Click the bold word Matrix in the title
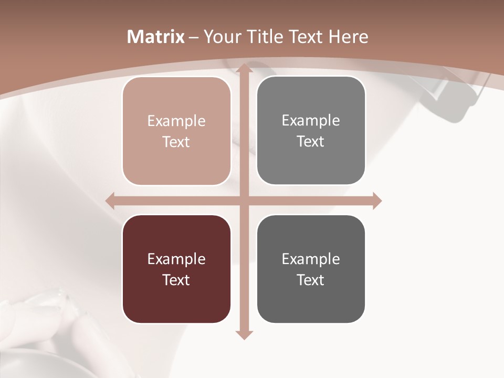tap(156, 37)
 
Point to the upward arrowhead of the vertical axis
tap(243, 69)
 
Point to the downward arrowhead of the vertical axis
tap(243, 334)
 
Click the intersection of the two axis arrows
tap(243, 201)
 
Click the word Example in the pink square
tap(176, 121)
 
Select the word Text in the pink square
tap(176, 142)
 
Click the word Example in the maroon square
tap(176, 259)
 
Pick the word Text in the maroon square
tap(176, 280)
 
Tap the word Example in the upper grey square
tap(311, 121)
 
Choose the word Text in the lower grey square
tap(311, 280)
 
